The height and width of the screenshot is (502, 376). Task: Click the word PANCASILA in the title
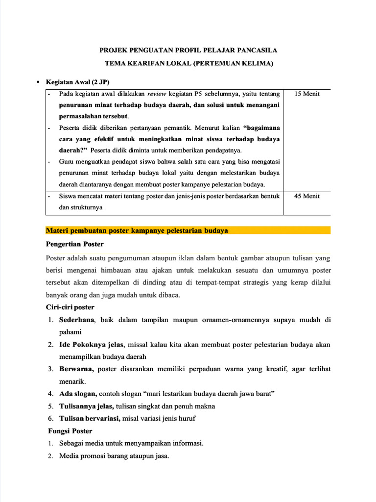(256, 50)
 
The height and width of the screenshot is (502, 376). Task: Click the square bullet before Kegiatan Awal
(38, 82)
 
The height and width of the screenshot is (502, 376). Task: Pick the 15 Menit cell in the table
(307, 94)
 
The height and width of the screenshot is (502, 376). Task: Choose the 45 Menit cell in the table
(307, 196)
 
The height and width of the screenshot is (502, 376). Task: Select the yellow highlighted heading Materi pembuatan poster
(137, 230)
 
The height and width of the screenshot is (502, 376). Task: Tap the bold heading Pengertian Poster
(74, 244)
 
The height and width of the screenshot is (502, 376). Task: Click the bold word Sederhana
(76, 320)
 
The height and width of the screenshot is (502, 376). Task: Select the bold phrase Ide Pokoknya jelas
(92, 345)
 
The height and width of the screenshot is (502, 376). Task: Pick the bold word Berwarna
(77, 369)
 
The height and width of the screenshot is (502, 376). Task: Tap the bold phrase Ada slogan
(78, 394)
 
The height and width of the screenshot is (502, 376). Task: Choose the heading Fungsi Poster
(70, 431)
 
